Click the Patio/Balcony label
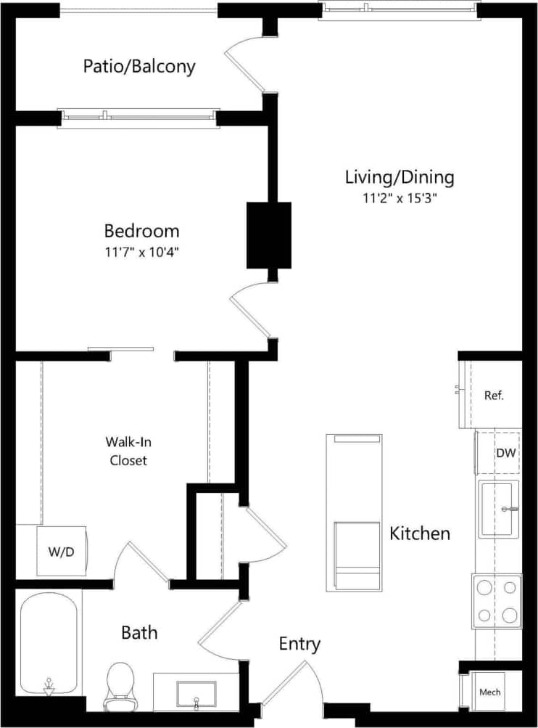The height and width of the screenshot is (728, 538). [x=139, y=67]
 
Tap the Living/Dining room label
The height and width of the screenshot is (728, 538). [x=399, y=176]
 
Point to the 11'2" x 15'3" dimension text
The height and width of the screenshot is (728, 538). [x=399, y=197]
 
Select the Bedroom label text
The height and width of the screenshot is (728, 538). [x=141, y=232]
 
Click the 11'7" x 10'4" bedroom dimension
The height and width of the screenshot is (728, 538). [x=141, y=253]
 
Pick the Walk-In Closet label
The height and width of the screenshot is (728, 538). [x=128, y=450]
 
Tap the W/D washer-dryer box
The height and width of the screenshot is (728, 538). [x=62, y=552]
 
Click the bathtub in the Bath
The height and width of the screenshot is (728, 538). [x=49, y=642]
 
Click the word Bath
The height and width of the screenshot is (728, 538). [x=139, y=633]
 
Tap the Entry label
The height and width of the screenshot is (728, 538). [x=299, y=644]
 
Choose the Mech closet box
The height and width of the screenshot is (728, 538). [x=490, y=692]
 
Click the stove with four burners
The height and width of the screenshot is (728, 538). [x=497, y=601]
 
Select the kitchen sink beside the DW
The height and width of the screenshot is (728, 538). [x=499, y=509]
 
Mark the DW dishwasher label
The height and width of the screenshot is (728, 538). [x=505, y=454]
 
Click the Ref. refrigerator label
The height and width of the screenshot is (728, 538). [x=493, y=396]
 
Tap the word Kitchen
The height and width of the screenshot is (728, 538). [x=420, y=533]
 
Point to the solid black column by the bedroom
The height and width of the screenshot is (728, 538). [x=269, y=235]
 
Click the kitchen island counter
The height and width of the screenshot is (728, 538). [x=355, y=512]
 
